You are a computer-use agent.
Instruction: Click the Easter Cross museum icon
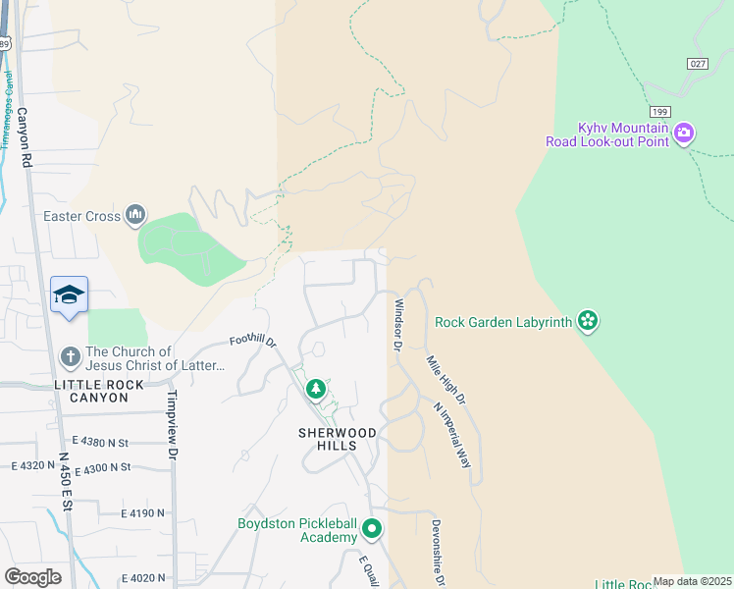click(135, 215)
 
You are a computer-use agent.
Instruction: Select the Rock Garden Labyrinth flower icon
click(588, 320)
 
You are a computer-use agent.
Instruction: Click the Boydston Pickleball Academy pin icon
click(371, 530)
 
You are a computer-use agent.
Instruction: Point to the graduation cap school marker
click(70, 294)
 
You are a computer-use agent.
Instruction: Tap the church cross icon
click(70, 356)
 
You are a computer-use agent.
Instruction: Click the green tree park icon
click(315, 390)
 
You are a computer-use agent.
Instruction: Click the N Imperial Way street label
click(452, 435)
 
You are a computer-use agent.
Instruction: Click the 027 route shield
click(698, 62)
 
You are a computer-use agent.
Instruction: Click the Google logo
click(32, 577)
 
